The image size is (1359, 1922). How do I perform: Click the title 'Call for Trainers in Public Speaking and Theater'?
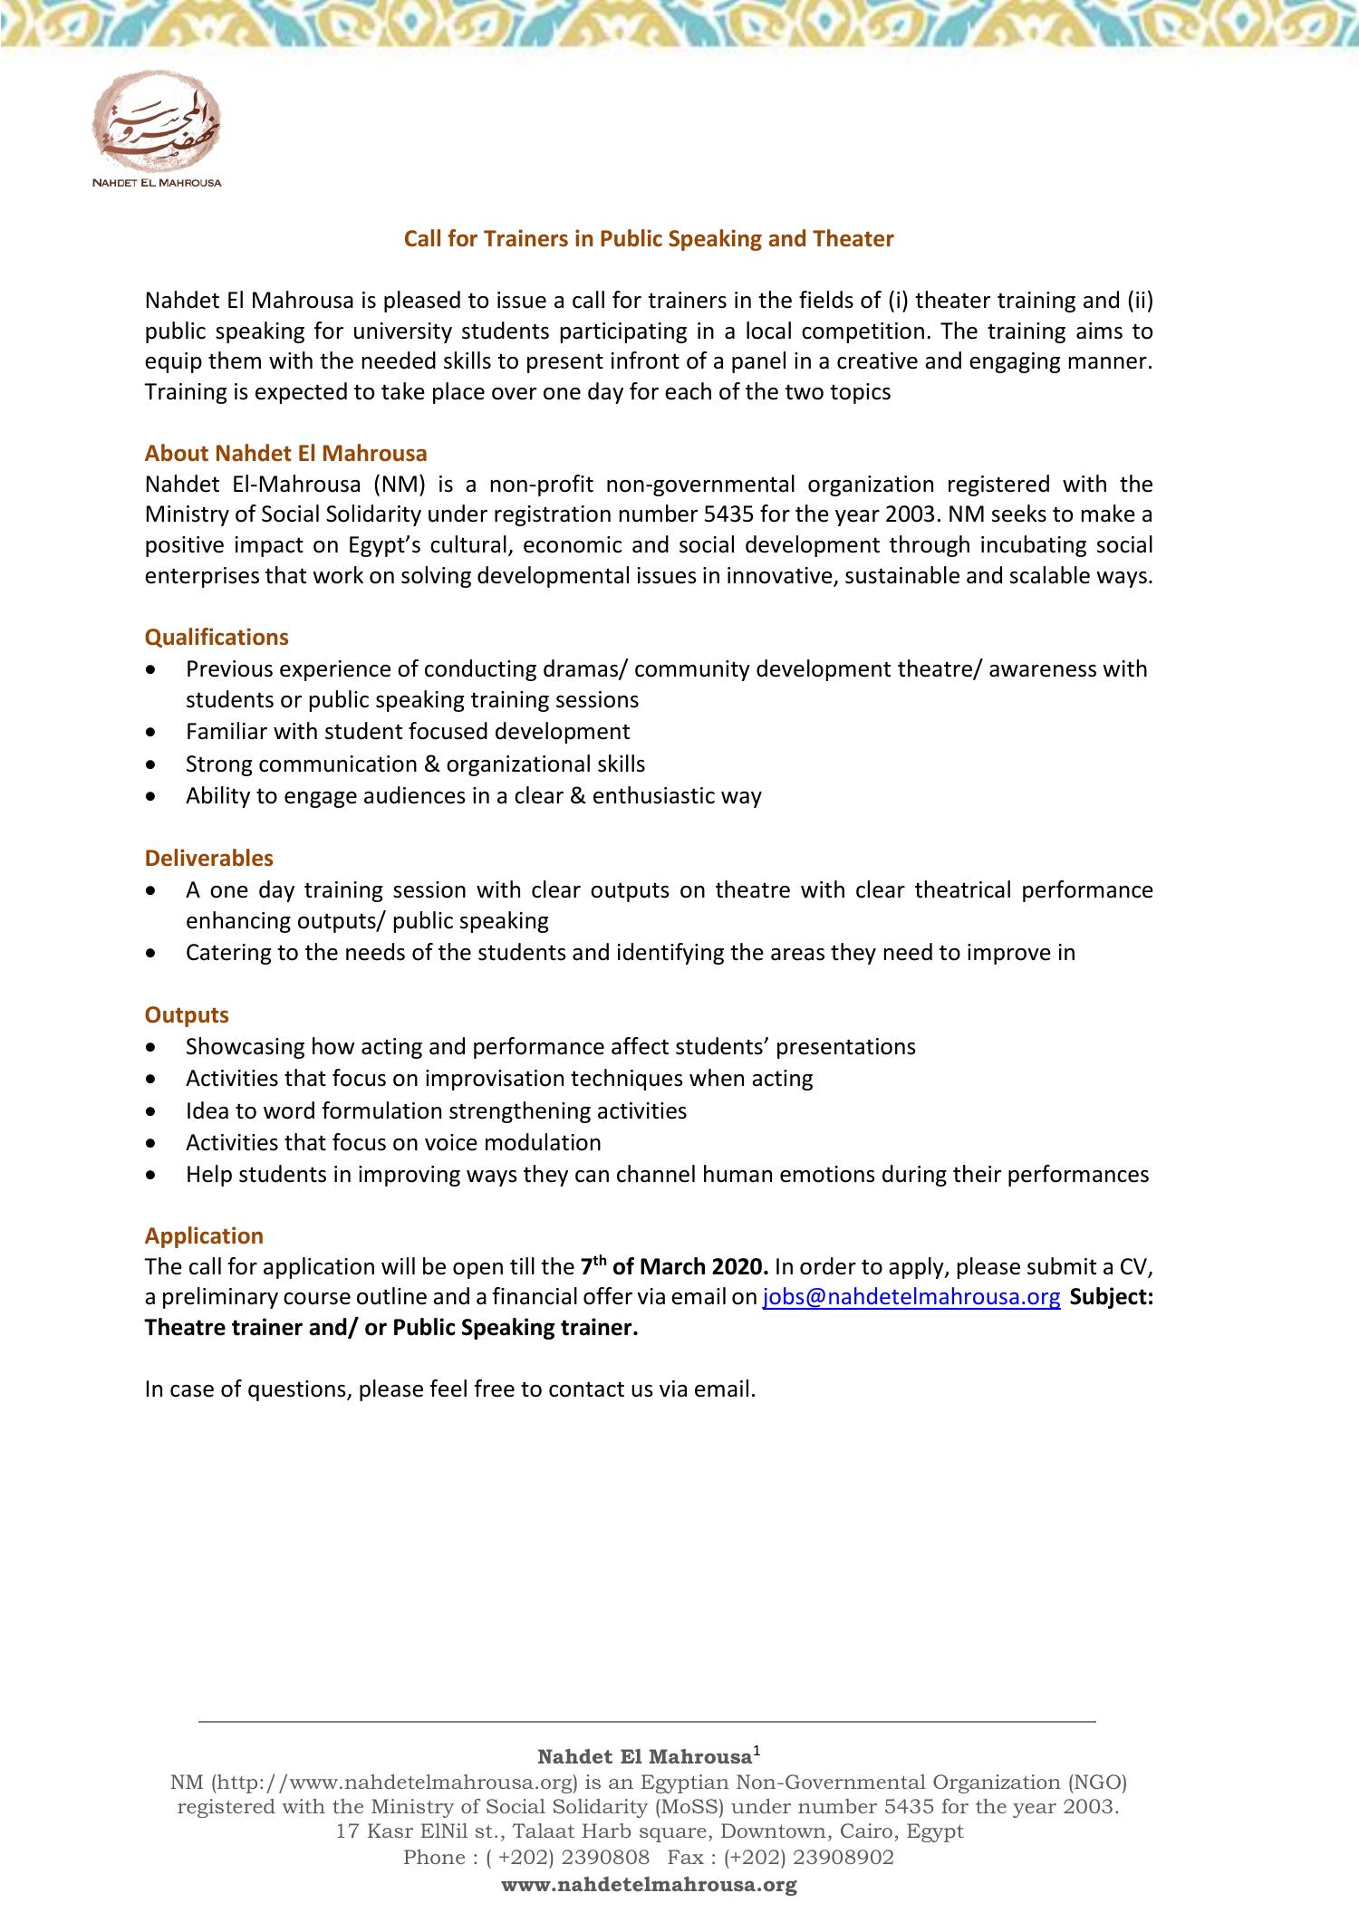coord(649,239)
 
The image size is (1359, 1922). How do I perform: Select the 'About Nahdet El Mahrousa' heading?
coord(285,453)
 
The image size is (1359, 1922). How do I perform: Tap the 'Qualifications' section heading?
coord(217,638)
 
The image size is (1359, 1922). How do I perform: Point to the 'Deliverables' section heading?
coord(208,858)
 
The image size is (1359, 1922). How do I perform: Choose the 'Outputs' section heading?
coord(187,1015)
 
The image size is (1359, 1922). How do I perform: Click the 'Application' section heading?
coord(204,1236)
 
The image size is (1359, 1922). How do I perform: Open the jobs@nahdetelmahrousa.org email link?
coord(911,1297)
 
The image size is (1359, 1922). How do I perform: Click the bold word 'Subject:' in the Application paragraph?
coord(1112,1297)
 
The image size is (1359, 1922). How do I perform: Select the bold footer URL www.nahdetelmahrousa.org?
coord(649,1885)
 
